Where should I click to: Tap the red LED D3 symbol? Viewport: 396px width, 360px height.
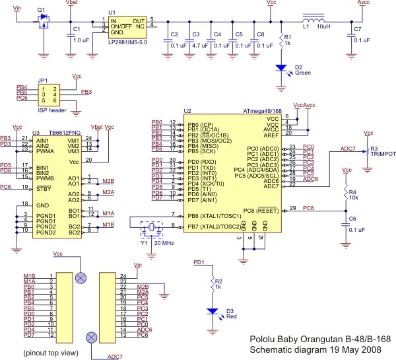[213, 310]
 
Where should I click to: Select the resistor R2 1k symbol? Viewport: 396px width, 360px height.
[213, 284]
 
